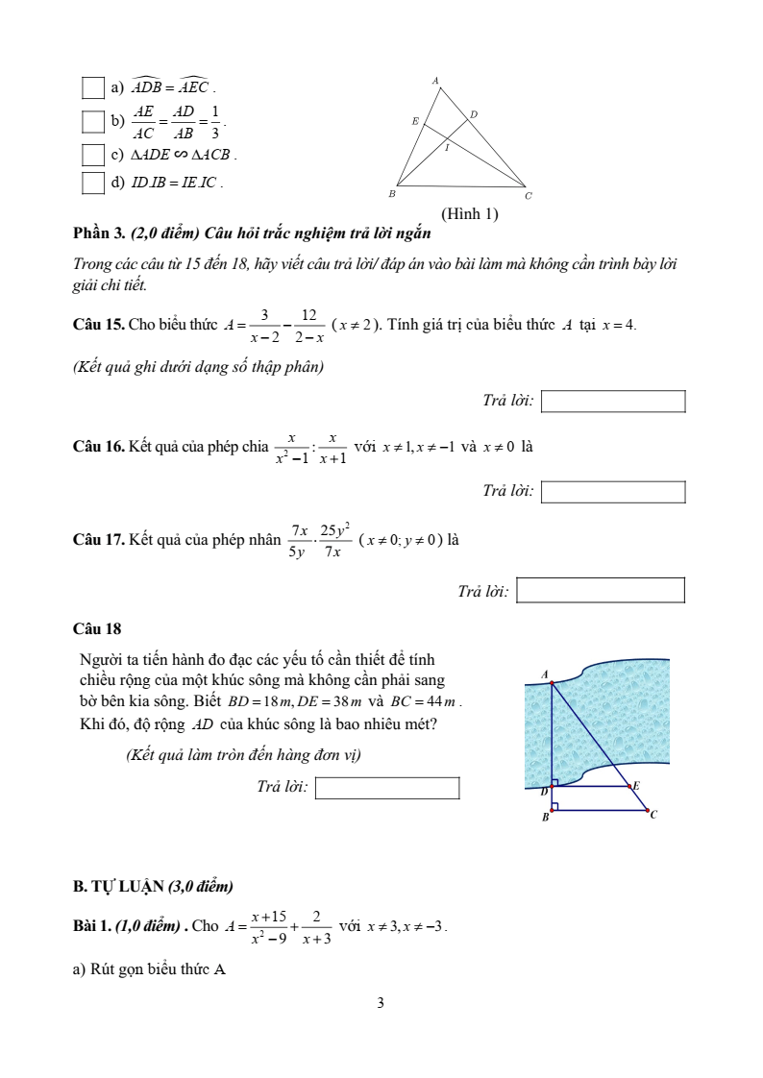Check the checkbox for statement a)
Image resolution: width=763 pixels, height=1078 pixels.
pyautogui.click(x=92, y=89)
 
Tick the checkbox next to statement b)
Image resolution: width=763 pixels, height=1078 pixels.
pyautogui.click(x=92, y=121)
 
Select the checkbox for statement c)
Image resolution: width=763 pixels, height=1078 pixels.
pyautogui.click(x=92, y=154)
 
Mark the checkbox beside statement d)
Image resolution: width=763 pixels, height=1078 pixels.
pyautogui.click(x=92, y=183)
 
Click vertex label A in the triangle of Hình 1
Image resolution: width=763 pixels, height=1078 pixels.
pyautogui.click(x=436, y=81)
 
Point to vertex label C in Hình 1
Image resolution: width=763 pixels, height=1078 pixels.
pyautogui.click(x=528, y=195)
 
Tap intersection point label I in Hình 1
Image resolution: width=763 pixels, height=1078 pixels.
pyautogui.click(x=446, y=149)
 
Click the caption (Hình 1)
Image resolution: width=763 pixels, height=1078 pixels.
pyautogui.click(x=469, y=214)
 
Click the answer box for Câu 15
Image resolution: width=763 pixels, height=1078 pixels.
pyautogui.click(x=613, y=401)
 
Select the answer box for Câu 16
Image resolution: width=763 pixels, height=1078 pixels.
pyautogui.click(x=613, y=491)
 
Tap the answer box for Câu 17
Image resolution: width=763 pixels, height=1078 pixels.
pyautogui.click(x=601, y=590)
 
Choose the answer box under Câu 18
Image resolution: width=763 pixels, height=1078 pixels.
pyautogui.click(x=387, y=788)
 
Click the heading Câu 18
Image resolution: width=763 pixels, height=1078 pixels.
pyautogui.click(x=97, y=629)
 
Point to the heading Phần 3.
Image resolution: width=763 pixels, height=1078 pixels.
pyautogui.click(x=99, y=233)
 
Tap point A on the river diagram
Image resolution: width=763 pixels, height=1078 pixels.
pyautogui.click(x=546, y=674)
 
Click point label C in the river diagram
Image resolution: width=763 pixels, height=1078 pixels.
pyautogui.click(x=653, y=815)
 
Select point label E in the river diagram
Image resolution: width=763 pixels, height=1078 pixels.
pyautogui.click(x=635, y=785)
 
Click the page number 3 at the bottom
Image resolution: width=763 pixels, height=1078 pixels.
pyautogui.click(x=381, y=1003)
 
